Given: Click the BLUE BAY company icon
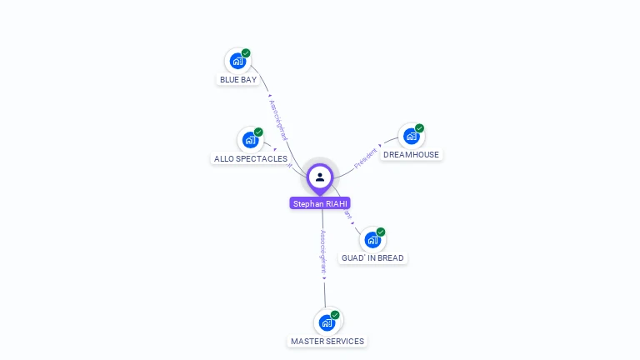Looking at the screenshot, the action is [x=237, y=61].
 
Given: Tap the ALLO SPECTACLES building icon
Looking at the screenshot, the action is [x=250, y=140].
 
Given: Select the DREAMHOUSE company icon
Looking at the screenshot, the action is [x=411, y=136].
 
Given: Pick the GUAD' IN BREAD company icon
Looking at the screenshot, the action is [x=372, y=239].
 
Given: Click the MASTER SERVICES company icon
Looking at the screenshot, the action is [x=327, y=322].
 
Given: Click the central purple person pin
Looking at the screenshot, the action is [x=320, y=177].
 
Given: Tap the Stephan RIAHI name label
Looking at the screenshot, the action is [x=320, y=203].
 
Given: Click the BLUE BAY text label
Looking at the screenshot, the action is [x=238, y=80].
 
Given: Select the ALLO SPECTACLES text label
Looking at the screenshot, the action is [x=251, y=159].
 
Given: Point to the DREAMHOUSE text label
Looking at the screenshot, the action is [x=411, y=155].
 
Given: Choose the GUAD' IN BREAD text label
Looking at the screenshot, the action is [x=372, y=258].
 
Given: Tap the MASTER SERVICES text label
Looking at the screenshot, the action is [x=327, y=342].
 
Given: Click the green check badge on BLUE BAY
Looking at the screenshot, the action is [x=246, y=53].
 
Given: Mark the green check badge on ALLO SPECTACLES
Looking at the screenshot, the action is [x=258, y=132].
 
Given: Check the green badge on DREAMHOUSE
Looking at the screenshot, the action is [x=419, y=128].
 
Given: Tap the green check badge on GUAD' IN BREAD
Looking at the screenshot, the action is [x=381, y=232].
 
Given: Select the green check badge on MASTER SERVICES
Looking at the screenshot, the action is [x=335, y=315].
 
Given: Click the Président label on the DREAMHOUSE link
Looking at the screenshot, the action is [x=366, y=157].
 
